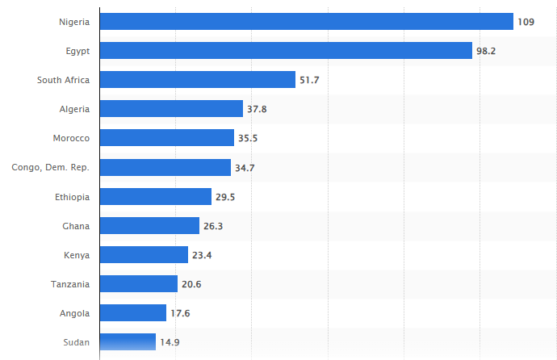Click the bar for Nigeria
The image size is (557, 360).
tap(306, 21)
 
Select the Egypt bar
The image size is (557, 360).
tap(286, 51)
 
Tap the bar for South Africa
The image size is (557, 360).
tap(197, 80)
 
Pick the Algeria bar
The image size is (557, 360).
tap(171, 109)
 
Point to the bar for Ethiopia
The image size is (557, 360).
tap(155, 196)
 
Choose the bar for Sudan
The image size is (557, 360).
tap(128, 342)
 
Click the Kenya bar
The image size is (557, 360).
tap(144, 255)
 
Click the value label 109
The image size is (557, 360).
tap(526, 22)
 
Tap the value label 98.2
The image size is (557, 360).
tap(486, 51)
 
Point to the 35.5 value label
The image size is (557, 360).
tap(248, 138)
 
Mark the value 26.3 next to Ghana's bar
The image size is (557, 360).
tap(213, 226)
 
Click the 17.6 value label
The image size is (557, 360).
tap(180, 313)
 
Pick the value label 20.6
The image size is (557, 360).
tap(191, 284)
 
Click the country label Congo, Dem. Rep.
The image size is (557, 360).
tap(50, 167)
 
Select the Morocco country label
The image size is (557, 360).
tap(71, 138)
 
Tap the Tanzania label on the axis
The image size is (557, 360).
tap(69, 284)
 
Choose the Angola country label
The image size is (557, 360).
tap(74, 313)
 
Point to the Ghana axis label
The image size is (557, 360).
tap(76, 226)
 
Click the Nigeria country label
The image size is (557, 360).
tap(74, 22)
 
